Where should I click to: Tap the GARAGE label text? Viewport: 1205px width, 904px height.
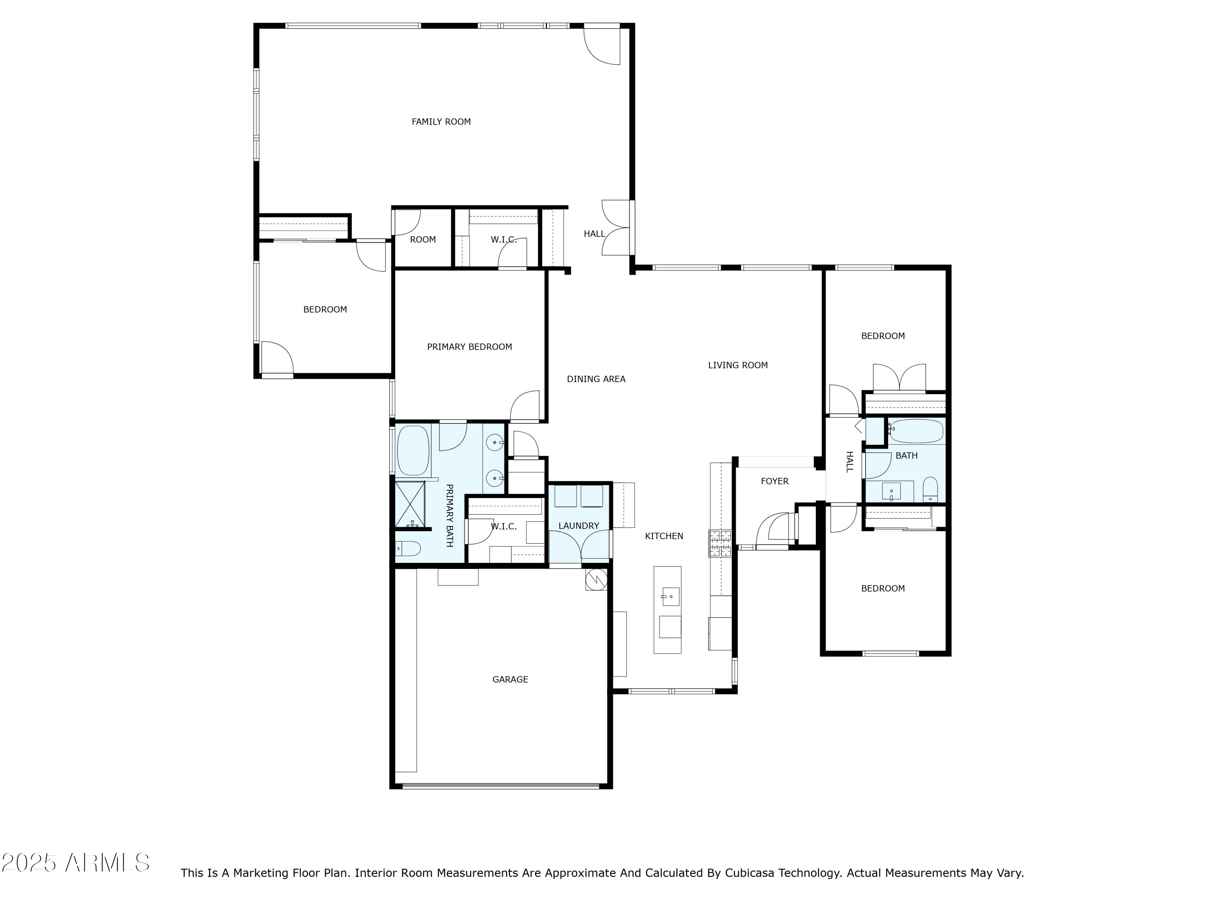510,679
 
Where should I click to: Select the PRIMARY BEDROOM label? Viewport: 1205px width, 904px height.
469,347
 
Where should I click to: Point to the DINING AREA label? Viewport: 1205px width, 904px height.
596,379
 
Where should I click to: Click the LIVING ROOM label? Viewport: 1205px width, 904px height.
737,366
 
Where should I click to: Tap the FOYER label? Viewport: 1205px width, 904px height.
774,481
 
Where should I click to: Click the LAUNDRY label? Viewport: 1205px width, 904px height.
578,526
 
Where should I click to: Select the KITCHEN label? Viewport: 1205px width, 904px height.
664,536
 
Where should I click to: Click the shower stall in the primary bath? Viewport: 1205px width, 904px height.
410,505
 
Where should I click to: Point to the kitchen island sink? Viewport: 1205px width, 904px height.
670,597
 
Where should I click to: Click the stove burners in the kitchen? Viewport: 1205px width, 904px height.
720,543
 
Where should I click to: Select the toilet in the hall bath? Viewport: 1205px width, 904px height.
930,490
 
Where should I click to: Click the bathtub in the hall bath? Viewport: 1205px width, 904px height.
916,431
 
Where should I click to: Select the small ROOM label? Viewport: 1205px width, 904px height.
423,240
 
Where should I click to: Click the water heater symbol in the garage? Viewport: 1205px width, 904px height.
596,580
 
